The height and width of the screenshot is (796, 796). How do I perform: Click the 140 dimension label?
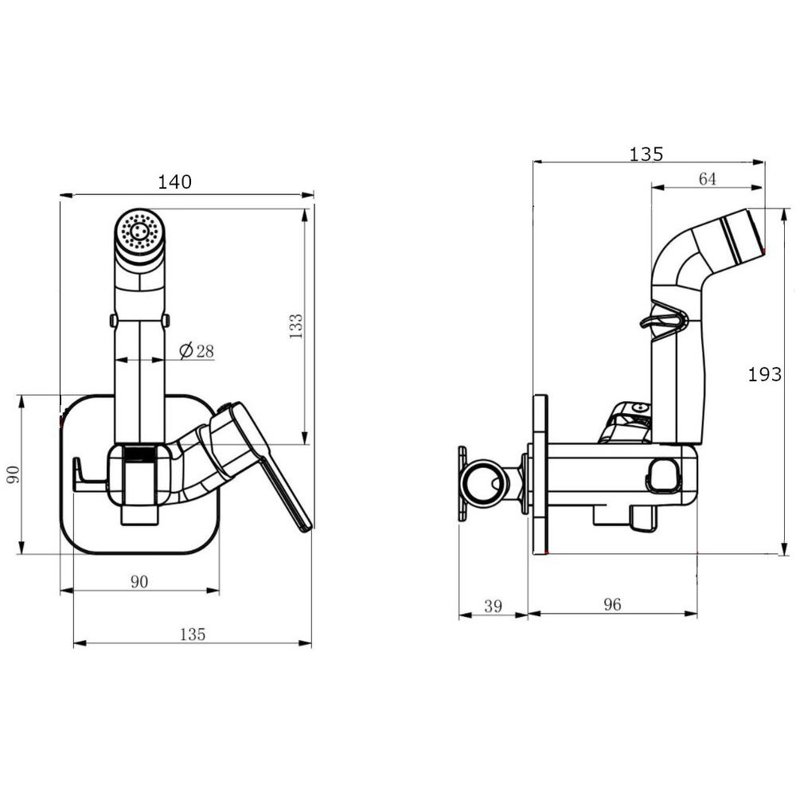(174, 181)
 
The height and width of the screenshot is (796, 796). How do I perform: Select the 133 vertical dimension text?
(295, 326)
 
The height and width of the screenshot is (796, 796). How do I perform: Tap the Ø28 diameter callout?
(197, 350)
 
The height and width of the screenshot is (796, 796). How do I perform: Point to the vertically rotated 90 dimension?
(13, 474)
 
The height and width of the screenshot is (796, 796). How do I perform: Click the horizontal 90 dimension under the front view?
(139, 581)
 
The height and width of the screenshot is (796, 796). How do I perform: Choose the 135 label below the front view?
(193, 634)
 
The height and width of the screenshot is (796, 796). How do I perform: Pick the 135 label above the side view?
(646, 154)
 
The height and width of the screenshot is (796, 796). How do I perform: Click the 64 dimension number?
(707, 178)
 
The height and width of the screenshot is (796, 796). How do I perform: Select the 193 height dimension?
(764, 375)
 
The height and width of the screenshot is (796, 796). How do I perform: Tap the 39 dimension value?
(493, 606)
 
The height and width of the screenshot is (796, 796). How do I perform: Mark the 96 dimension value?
(612, 604)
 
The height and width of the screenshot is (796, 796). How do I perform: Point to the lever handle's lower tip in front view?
(304, 526)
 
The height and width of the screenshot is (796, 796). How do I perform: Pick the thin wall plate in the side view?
(540, 474)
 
